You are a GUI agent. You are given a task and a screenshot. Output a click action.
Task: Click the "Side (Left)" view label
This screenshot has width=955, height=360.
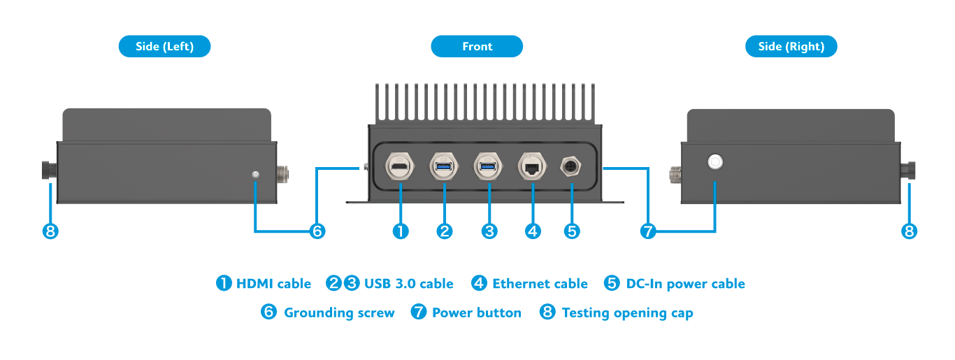[x=164, y=47]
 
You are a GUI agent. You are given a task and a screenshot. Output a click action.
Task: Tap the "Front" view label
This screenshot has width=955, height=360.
[x=477, y=47]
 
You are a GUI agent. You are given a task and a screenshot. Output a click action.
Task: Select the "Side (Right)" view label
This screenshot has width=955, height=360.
[x=791, y=47]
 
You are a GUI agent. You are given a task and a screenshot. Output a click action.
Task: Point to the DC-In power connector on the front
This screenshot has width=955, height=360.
[x=572, y=167]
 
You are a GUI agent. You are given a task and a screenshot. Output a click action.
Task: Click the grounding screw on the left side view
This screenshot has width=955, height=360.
[x=256, y=173]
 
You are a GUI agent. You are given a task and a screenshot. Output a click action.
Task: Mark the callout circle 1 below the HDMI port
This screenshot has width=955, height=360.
[x=401, y=231]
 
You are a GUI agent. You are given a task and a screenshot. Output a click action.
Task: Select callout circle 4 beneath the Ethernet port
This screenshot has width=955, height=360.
[x=533, y=231]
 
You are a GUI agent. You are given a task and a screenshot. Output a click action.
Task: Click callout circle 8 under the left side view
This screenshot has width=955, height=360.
[x=50, y=231]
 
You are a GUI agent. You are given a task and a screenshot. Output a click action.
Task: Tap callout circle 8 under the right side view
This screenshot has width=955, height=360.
[x=909, y=231]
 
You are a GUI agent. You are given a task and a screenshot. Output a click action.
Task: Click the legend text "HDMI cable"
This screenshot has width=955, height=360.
[x=273, y=284]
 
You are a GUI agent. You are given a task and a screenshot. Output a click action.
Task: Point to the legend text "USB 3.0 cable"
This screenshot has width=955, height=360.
[x=408, y=284]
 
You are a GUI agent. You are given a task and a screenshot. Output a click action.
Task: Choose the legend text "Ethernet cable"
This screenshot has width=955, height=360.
[x=540, y=284]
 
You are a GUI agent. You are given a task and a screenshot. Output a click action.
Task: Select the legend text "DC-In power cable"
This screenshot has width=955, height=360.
[x=685, y=284]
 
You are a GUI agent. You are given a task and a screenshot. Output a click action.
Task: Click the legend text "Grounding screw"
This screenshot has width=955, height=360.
[x=339, y=312]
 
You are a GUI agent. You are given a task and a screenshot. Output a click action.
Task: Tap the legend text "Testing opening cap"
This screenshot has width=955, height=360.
[x=627, y=312]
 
